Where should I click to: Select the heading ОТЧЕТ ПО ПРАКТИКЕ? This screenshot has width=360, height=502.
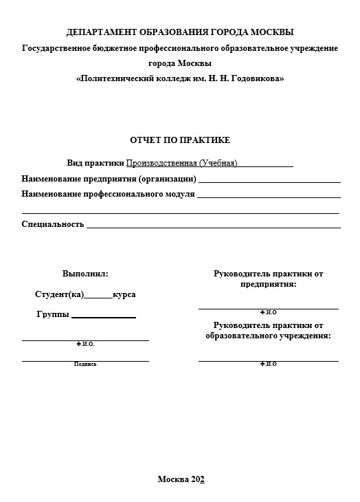coord(180,140)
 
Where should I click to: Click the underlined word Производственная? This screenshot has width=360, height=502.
coord(161,164)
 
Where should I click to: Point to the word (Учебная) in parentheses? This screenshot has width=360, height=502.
coord(218,164)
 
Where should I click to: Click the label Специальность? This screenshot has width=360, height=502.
coord(53,224)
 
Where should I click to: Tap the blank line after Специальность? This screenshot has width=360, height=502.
coord(213,227)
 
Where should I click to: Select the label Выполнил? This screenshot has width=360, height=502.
coord(85,274)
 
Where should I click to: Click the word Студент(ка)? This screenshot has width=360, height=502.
coord(59,295)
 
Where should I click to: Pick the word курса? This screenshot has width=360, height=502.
coord(124,295)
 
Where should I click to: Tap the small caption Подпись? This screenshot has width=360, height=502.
coord(85,364)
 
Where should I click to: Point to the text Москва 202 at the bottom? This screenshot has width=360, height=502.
coord(181,479)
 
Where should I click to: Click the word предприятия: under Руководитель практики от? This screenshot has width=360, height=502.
coord(269,284)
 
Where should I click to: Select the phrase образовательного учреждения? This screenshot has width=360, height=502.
coord(269,336)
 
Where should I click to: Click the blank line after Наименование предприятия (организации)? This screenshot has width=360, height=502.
coord(269,182)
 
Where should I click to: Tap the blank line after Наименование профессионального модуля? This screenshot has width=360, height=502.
coord(268,197)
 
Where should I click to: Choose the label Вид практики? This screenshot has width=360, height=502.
coord(95,164)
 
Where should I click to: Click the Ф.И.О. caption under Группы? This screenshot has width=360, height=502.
coord(85,343)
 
